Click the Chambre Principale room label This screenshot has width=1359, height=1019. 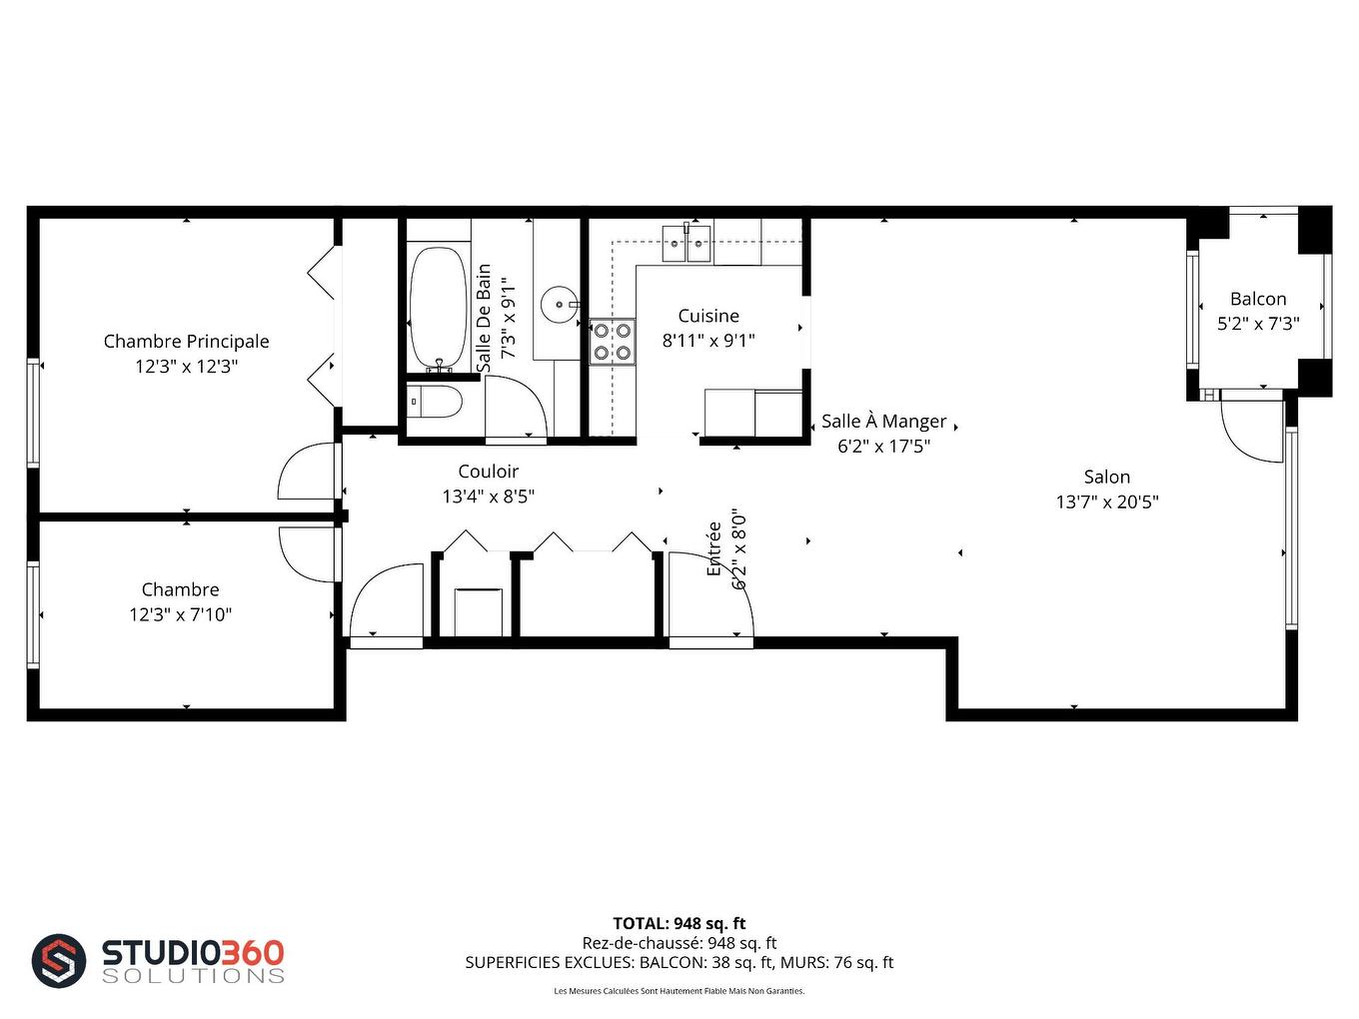(x=186, y=342)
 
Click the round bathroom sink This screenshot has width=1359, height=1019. (x=559, y=304)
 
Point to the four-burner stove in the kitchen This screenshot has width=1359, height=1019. (x=612, y=341)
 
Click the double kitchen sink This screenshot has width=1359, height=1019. (x=686, y=243)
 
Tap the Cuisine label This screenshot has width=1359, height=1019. (x=708, y=316)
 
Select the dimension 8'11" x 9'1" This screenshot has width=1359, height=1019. (x=708, y=341)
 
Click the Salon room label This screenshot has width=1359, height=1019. (x=1106, y=478)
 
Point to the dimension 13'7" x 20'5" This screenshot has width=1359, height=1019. (x=1106, y=503)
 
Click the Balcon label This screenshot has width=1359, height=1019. (x=1258, y=299)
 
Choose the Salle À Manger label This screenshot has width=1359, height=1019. (x=883, y=422)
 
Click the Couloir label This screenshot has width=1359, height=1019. (x=488, y=472)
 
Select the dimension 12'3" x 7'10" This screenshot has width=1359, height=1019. (x=180, y=615)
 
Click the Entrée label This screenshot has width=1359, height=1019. (x=714, y=548)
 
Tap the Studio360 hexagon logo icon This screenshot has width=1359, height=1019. (x=59, y=961)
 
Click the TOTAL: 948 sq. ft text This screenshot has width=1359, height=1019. (x=679, y=923)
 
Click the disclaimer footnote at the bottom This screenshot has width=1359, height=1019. (x=679, y=991)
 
